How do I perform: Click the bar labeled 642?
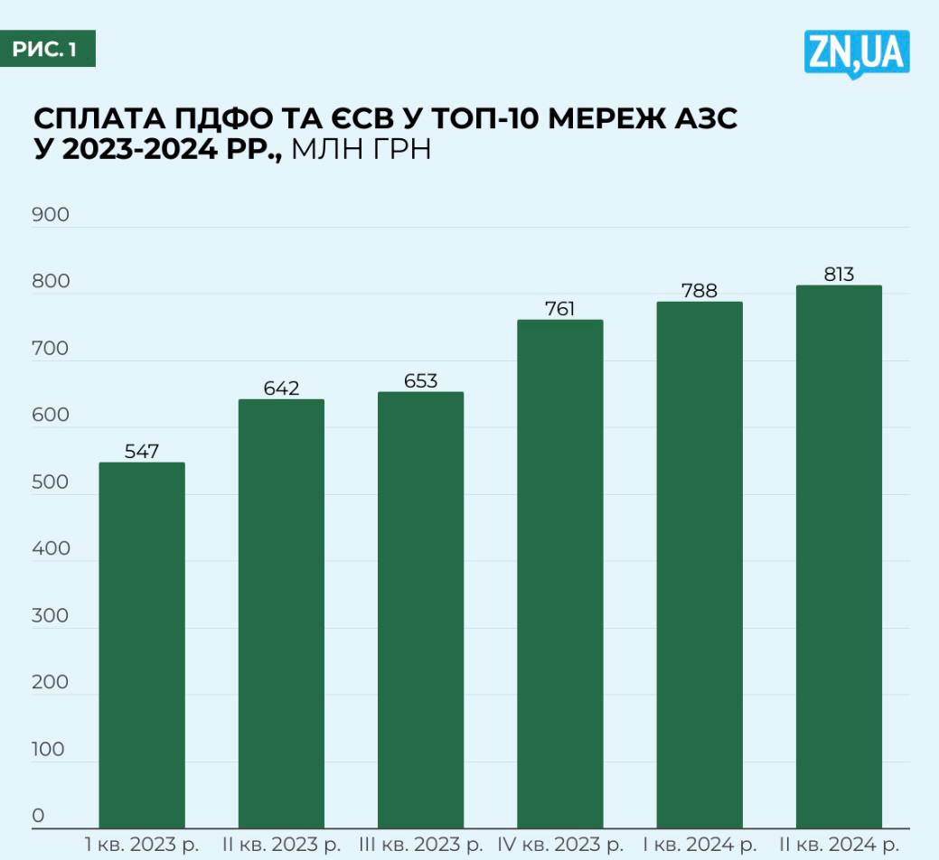click(281, 613)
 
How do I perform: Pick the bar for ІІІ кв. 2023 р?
click(420, 610)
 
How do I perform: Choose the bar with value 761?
click(560, 574)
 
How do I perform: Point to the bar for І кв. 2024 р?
click(700, 565)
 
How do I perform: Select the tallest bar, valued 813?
click(839, 556)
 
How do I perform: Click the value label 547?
click(142, 451)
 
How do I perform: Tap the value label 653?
click(420, 380)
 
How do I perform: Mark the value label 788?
click(700, 290)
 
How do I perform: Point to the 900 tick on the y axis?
click(51, 215)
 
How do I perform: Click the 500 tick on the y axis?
click(51, 482)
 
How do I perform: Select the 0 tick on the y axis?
click(38, 816)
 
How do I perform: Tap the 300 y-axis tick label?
click(51, 616)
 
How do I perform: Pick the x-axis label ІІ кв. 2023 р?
click(282, 846)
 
